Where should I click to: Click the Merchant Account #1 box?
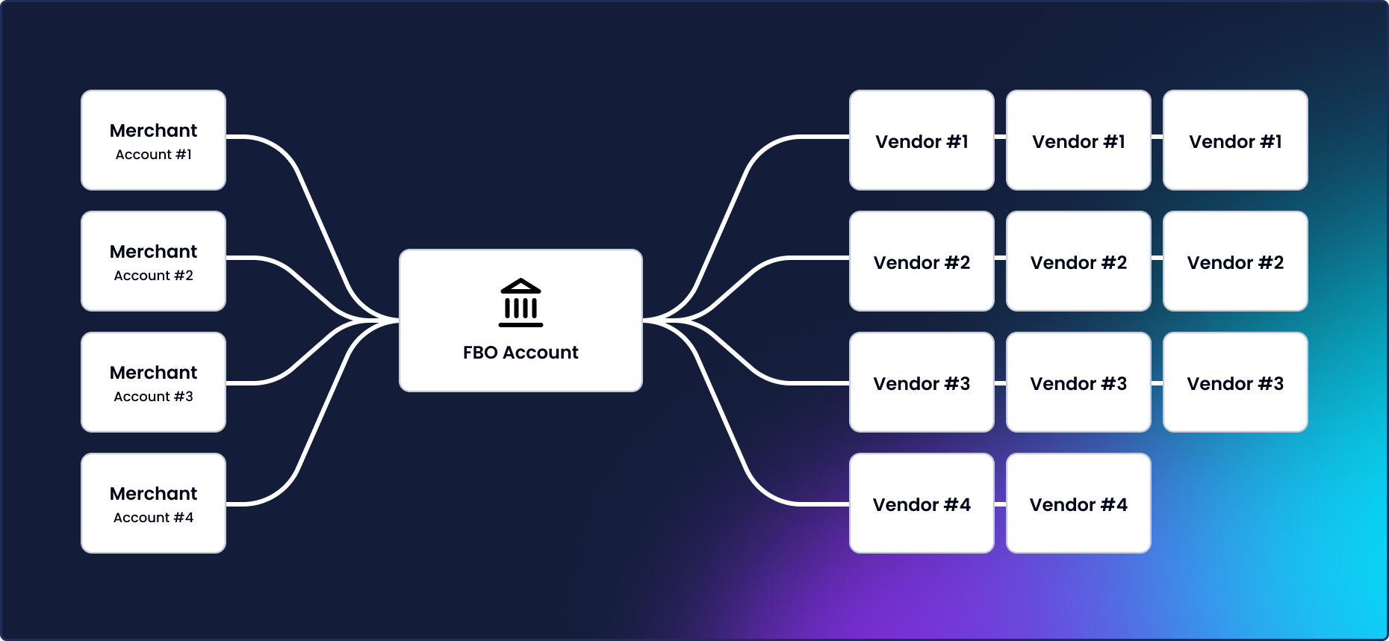pyautogui.click(x=153, y=140)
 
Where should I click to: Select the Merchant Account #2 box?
pyautogui.click(x=153, y=261)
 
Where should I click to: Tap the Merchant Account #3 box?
pyautogui.click(x=153, y=382)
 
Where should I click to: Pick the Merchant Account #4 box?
pyautogui.click(x=153, y=503)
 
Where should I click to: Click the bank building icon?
pyautogui.click(x=521, y=303)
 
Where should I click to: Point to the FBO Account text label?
pyautogui.click(x=521, y=353)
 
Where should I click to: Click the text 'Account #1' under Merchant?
pyautogui.click(x=153, y=155)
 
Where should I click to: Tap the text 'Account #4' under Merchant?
pyautogui.click(x=153, y=518)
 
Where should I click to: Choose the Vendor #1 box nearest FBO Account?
pyautogui.click(x=922, y=140)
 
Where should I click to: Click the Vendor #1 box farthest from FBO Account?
pyautogui.click(x=1235, y=140)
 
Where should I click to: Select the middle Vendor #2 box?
pyautogui.click(x=1078, y=261)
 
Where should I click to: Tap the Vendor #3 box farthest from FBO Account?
pyautogui.click(x=1235, y=382)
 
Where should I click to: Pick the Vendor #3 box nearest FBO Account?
pyautogui.click(x=922, y=382)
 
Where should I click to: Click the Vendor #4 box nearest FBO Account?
pyautogui.click(x=922, y=503)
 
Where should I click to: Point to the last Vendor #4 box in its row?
pyautogui.click(x=1078, y=503)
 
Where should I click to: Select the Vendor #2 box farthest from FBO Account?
pyautogui.click(x=1235, y=261)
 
